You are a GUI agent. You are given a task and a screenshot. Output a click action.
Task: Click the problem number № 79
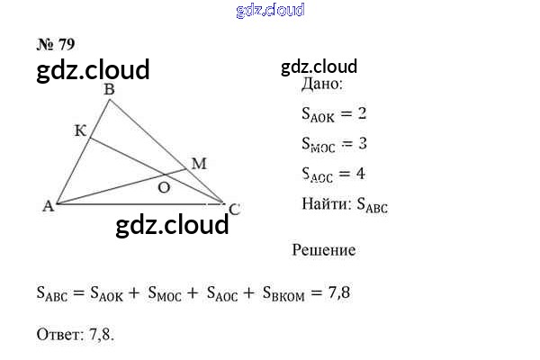56,43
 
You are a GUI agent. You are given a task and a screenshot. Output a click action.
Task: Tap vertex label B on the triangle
109,89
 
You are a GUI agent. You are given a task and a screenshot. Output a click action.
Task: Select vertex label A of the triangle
47,206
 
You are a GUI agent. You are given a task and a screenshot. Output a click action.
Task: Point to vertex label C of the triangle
234,209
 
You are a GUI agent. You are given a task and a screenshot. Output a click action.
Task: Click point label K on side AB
79,131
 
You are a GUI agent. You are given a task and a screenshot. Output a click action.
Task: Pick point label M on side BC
199,163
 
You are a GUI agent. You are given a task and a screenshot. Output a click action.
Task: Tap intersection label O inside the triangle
164,187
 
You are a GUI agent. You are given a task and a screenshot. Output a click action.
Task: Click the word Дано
322,85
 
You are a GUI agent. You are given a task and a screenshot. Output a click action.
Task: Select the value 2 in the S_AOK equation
361,113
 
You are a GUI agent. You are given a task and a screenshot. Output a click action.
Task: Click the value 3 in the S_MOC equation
361,143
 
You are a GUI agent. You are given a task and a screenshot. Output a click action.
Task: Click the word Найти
327,203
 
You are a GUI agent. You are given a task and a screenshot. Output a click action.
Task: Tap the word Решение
324,250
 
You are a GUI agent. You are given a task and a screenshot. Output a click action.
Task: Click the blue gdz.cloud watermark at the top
270,10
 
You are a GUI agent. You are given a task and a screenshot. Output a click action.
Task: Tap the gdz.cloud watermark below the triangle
173,224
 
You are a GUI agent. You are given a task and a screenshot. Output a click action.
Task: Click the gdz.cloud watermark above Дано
319,66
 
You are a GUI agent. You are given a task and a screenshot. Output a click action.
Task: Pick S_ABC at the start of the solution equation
53,292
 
